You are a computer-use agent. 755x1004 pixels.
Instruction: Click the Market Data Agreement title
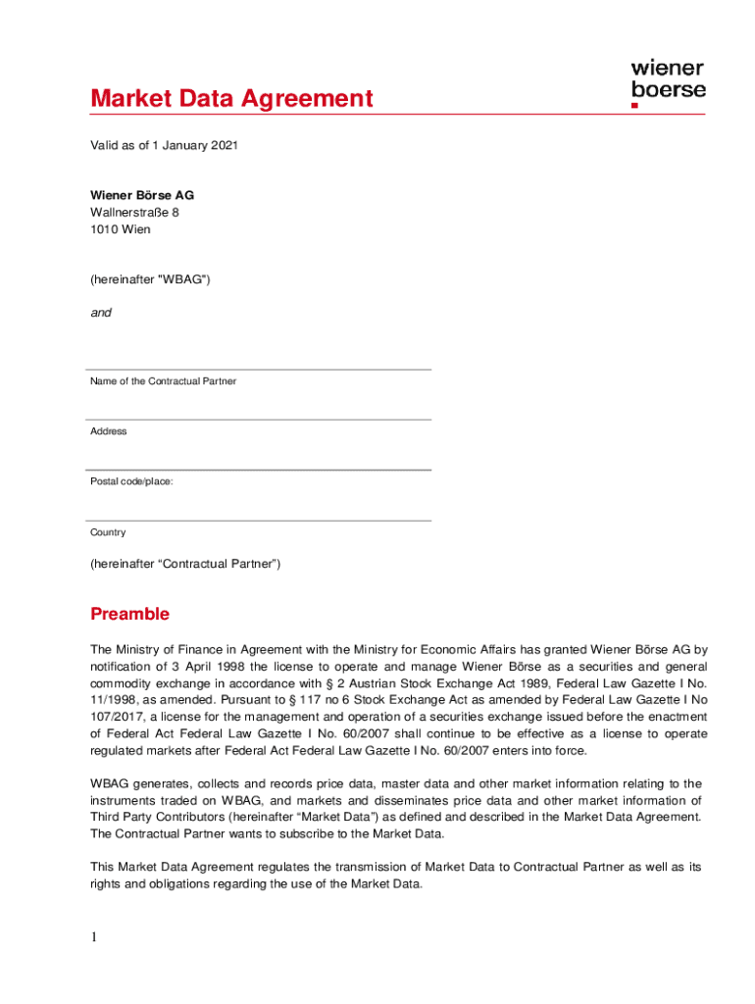coord(231,99)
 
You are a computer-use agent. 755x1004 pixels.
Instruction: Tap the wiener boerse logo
coord(667,82)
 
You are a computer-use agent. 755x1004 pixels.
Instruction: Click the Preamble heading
coord(129,615)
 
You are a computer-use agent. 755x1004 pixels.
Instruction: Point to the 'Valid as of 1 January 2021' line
coord(164,146)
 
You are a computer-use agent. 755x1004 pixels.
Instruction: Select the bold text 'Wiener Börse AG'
coord(142,195)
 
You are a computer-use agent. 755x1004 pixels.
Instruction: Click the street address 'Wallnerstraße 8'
coord(134,213)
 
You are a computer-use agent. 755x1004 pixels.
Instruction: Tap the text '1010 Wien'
coord(121,229)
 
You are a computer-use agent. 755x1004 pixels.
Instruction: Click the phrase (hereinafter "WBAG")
coord(150,279)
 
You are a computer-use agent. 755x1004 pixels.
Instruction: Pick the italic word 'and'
coord(101,313)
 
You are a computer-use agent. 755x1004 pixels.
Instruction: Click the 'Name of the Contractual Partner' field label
coord(163,380)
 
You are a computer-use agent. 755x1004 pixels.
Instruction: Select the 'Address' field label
coord(109,431)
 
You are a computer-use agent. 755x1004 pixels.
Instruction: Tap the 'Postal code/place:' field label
coord(131,481)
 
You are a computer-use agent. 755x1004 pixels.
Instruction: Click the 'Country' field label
coord(108,532)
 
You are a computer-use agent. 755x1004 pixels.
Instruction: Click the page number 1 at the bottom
coord(94,937)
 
